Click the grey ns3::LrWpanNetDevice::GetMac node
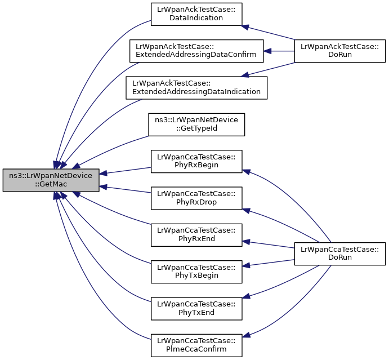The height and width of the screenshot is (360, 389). pos(51,180)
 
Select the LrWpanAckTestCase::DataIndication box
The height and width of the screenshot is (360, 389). pos(196,14)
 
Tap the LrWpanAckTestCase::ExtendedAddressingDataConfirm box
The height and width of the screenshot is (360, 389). pos(196,51)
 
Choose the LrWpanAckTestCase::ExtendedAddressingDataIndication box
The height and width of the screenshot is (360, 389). pos(196,88)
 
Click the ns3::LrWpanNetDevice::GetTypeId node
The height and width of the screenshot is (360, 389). pos(196,125)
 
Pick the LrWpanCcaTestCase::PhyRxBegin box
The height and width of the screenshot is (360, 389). pos(196,161)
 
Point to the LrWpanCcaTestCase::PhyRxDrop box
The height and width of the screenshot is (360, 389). pos(196,198)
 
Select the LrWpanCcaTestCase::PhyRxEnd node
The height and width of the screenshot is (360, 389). pos(196,235)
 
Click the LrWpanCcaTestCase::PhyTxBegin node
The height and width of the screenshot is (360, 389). pos(196,272)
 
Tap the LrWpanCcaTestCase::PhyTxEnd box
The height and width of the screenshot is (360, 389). pos(196,309)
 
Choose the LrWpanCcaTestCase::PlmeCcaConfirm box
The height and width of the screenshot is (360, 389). pos(196,345)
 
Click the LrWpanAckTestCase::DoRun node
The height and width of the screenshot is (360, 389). pos(339,51)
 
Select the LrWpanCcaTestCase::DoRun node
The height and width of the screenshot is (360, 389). pos(339,254)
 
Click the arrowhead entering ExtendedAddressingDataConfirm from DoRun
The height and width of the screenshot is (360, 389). pos(267,51)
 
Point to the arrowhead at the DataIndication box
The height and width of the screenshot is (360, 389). pos(245,27)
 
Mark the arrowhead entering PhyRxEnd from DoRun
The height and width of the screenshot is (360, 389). pos(246,242)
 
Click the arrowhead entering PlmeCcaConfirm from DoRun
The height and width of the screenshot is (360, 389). pos(246,335)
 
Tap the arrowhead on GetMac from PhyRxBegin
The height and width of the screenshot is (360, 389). pos(103,173)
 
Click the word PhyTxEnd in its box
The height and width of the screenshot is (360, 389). pos(196,312)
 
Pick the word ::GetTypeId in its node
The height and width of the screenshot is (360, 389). pos(196,128)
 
